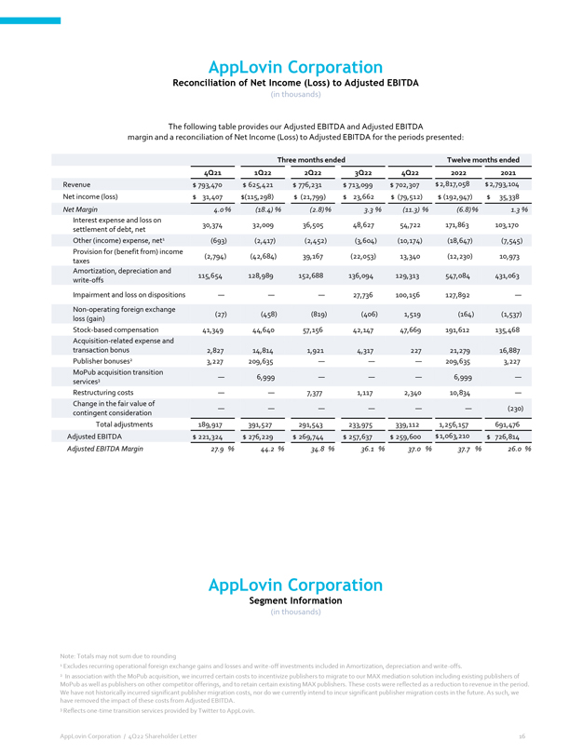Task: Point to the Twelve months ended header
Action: click(482, 159)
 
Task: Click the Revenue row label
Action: click(76, 184)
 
